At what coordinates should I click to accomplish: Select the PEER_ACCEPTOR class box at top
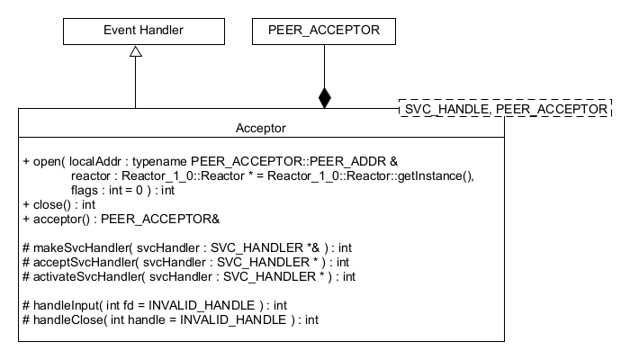click(x=323, y=31)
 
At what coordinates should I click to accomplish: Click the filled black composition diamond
click(x=324, y=98)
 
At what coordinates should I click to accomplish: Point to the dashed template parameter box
click(x=504, y=108)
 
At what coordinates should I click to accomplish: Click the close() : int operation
click(x=58, y=204)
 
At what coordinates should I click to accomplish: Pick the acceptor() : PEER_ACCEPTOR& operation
click(x=114, y=219)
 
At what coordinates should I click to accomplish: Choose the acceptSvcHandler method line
click(x=185, y=262)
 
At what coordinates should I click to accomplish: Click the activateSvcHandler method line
click(x=189, y=276)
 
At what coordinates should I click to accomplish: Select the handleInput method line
click(x=155, y=305)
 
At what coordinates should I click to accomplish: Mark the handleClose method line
click(x=170, y=319)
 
